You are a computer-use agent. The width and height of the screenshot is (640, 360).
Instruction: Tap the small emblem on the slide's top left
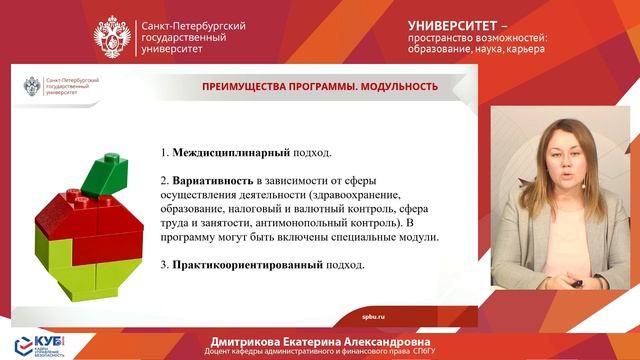(33, 87)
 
